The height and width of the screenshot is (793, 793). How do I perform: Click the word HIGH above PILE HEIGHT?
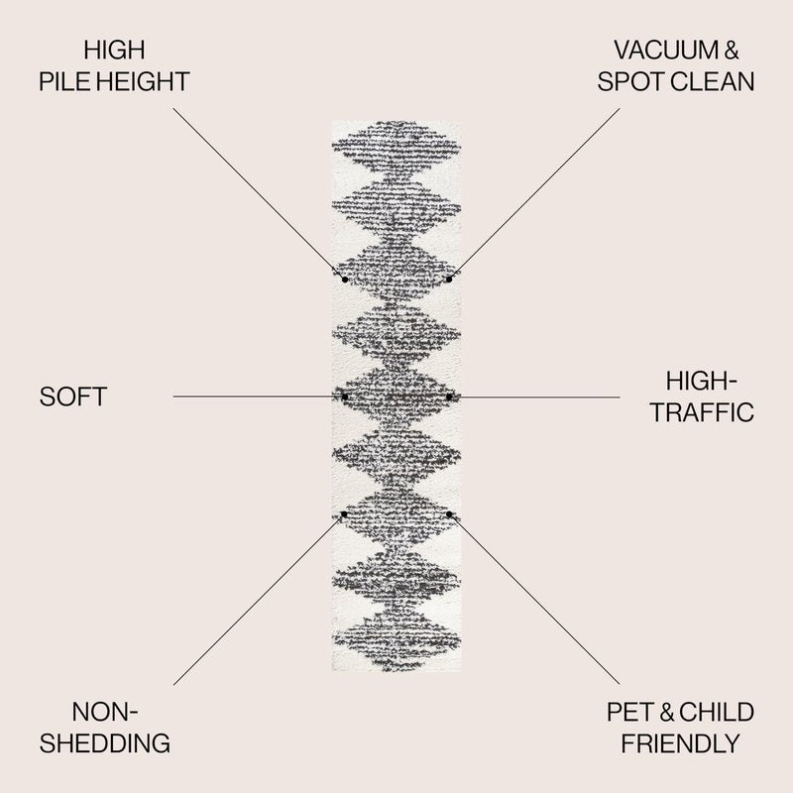114,51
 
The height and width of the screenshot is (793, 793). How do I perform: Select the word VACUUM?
666,51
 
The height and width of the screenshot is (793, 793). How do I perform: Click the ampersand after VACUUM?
732,51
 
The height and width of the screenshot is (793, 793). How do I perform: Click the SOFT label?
73,397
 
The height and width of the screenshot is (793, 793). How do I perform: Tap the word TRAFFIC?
702,412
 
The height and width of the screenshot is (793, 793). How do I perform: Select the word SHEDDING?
105,743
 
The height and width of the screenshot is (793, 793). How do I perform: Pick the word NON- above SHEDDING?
105,712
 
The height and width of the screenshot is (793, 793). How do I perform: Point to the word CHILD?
716,712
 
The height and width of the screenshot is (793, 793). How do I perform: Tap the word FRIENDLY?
681,743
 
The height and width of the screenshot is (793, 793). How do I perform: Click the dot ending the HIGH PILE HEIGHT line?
345,280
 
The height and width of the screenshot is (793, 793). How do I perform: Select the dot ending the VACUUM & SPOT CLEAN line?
449,280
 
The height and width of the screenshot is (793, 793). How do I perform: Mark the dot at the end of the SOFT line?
345,397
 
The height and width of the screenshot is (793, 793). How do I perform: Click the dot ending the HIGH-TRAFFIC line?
449,397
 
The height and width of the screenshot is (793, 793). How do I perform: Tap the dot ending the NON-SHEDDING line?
344,514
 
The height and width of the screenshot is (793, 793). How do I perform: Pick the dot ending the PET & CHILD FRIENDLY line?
449,514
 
